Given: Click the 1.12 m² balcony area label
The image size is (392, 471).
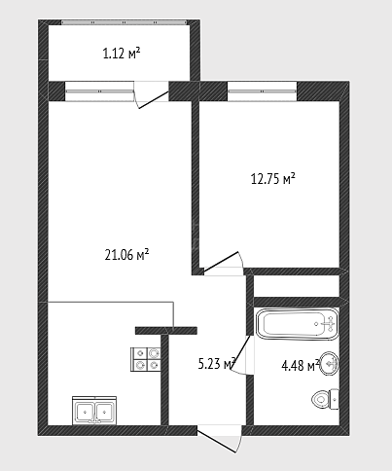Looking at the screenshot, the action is pos(122,54).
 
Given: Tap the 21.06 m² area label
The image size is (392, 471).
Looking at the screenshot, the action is pos(126,255).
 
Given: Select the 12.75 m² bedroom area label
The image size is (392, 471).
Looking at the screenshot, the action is pos(273,178).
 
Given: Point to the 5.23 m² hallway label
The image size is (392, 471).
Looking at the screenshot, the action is pos(217,364).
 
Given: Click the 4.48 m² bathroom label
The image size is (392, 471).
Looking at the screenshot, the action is pos(301,366).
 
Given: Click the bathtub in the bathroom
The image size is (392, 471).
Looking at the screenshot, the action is pos(297,324).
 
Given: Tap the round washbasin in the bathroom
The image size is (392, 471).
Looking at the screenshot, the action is pos(329,363).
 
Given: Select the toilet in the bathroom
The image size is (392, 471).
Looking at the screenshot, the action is pos(325,399).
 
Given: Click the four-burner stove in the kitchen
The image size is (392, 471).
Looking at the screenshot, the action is pos(146,359).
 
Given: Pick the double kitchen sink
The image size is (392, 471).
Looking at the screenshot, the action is pos(94,411).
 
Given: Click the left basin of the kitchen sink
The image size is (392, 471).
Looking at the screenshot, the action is pos(85,413).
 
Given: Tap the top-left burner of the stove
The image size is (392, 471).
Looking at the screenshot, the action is pos(140,353).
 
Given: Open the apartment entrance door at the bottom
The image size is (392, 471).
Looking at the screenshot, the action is pos(220,440).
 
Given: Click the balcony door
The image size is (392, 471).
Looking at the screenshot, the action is pos(152,94).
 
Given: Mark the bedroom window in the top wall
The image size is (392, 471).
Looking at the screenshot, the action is pos(262,91).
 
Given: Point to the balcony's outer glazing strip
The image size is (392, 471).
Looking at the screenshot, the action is pos(125,22).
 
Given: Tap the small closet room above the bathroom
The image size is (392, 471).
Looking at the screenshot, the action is pos(297,286).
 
